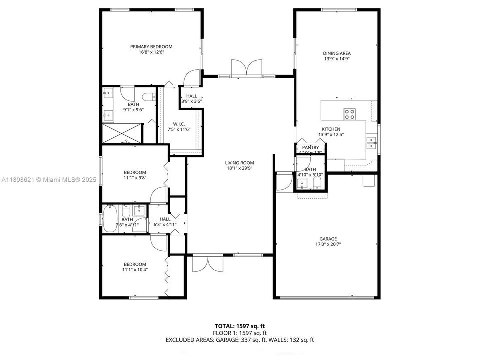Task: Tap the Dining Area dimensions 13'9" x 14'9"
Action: coord(336,58)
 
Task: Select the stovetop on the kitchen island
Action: coord(350,114)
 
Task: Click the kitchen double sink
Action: coord(371,143)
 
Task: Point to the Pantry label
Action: coord(310,148)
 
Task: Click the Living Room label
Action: coord(239,163)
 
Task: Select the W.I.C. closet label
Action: coord(180,124)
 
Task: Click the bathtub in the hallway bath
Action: coord(110,218)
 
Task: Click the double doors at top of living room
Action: coord(246,68)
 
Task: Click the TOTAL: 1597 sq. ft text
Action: coord(240,326)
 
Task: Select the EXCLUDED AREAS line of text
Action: coord(240,340)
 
